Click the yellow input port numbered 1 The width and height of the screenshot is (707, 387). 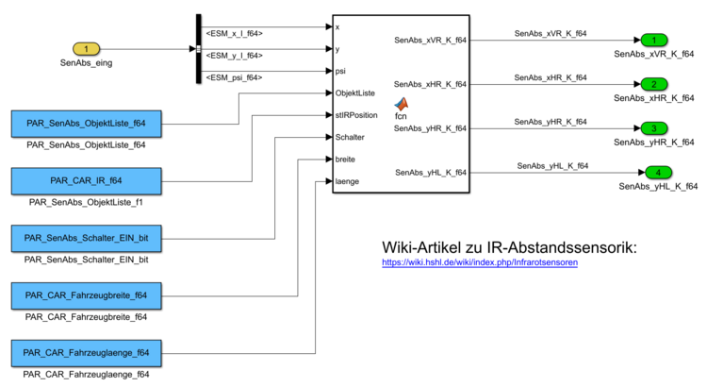point(87,48)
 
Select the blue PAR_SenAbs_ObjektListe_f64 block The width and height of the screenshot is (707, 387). point(86,125)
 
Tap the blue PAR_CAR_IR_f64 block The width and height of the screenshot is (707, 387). point(86,181)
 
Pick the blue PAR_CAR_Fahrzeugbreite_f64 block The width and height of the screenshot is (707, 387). point(86,296)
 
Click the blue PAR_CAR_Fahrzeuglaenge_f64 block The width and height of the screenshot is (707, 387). point(86,354)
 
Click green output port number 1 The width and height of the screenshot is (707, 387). point(653,41)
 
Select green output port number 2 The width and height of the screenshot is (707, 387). point(653,84)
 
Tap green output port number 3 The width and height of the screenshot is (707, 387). point(653,128)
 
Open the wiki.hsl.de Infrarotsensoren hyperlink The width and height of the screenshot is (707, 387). point(480,261)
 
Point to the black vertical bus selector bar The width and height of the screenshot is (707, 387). point(199,48)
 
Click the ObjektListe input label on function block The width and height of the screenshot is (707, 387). point(355,93)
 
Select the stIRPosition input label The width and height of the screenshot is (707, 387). point(356,115)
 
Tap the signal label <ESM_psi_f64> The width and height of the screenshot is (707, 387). point(234,77)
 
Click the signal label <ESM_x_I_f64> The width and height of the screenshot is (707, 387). point(234,34)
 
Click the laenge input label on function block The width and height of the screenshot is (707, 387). point(348,180)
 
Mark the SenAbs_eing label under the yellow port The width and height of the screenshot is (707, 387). point(87,64)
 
